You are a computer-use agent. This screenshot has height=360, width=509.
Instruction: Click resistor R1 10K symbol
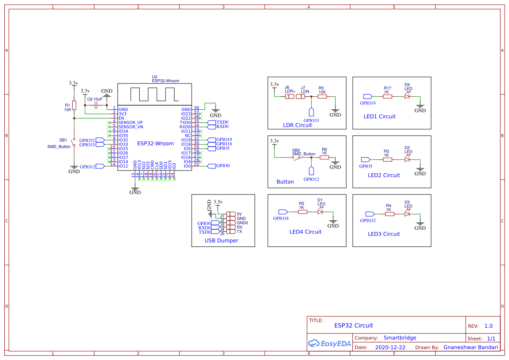pyautogui.click(x=74, y=105)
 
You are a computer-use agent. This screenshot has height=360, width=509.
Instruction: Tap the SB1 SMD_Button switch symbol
pyautogui.click(x=74, y=143)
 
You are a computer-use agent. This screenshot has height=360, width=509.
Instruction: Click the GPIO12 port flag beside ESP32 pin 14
pyautogui.click(x=100, y=166)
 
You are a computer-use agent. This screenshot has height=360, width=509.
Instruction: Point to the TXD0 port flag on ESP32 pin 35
pyautogui.click(x=212, y=122)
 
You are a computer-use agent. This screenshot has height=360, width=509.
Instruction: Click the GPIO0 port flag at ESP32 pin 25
pyautogui.click(x=212, y=166)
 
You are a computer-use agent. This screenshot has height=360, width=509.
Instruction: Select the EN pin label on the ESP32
pyautogui.click(x=121, y=118)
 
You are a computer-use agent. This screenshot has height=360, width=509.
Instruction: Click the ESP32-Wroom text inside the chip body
pyautogui.click(x=155, y=143)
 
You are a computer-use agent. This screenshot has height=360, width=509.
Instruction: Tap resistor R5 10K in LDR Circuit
pyautogui.click(x=322, y=97)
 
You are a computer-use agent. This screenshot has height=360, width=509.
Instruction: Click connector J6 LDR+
pyautogui.click(x=290, y=97)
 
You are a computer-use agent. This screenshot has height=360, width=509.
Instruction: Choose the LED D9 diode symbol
pyautogui.click(x=408, y=96)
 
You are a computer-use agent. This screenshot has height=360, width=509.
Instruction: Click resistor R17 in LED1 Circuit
pyautogui.click(x=387, y=96)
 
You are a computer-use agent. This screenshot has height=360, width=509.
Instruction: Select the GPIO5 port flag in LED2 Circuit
pyautogui.click(x=365, y=159)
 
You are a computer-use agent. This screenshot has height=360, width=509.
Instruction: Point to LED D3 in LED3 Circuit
pyautogui.click(x=408, y=214)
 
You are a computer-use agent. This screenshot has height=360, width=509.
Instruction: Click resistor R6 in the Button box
pyautogui.click(x=324, y=157)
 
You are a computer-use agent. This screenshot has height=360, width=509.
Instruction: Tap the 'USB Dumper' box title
pyautogui.click(x=221, y=240)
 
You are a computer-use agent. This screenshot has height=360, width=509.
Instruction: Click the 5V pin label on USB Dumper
pyautogui.click(x=239, y=214)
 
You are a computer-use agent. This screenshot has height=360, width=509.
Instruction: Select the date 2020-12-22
pyautogui.click(x=390, y=347)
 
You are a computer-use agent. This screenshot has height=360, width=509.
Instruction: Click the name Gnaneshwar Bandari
pyautogui.click(x=470, y=347)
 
